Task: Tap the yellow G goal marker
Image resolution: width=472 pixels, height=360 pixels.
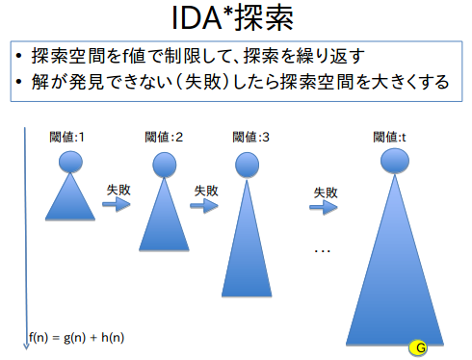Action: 419,346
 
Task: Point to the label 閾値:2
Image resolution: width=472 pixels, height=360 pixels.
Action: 163,137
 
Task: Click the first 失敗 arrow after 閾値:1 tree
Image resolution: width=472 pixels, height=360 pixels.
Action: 117,205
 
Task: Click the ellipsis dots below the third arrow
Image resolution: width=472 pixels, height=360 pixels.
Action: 323,251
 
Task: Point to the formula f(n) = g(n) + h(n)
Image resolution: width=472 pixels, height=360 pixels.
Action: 77,337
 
